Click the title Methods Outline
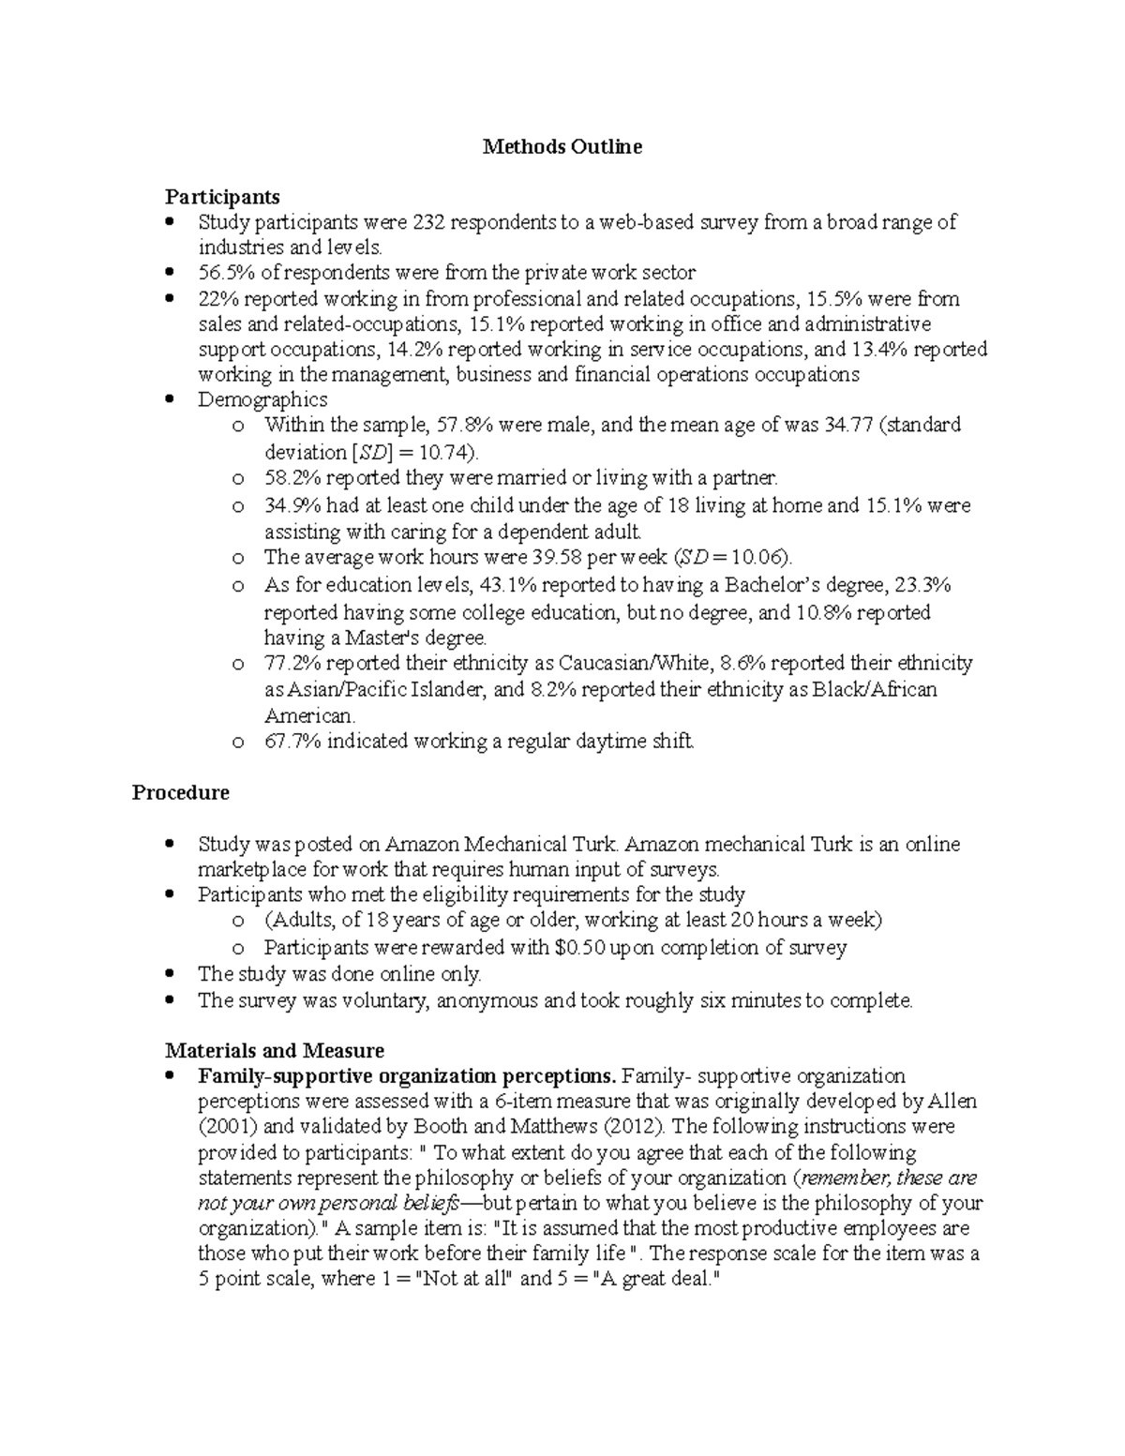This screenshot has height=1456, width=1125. point(562,147)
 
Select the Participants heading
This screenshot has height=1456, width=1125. point(222,197)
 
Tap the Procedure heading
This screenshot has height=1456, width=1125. point(180,793)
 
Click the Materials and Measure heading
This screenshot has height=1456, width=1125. point(275,1051)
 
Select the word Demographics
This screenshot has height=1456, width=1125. point(262,400)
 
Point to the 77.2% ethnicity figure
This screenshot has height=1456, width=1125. point(292,664)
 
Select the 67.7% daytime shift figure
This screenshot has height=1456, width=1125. point(292,743)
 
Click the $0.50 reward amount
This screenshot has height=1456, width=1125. point(579,948)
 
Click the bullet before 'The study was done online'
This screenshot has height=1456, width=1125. point(169,974)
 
